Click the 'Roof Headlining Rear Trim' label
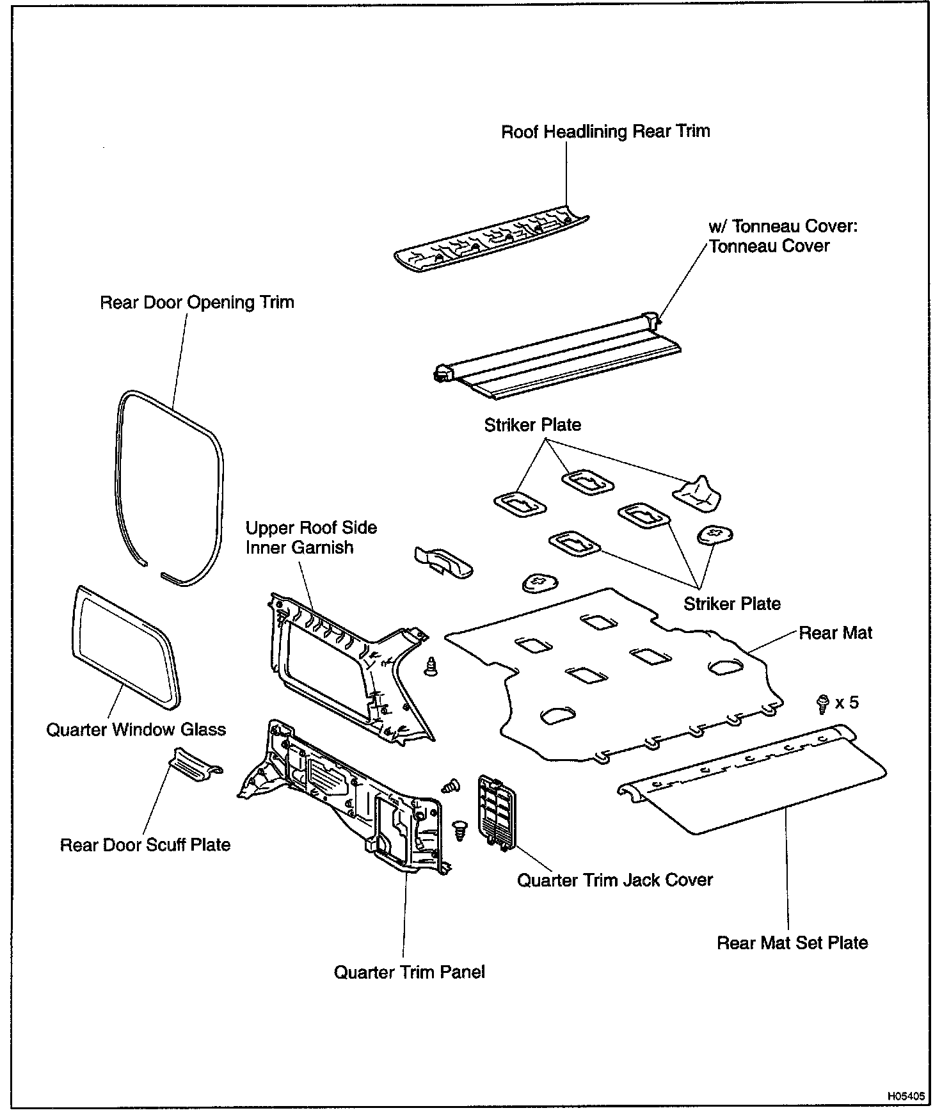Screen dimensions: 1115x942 tap(605, 132)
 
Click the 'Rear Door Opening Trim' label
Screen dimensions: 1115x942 tap(197, 302)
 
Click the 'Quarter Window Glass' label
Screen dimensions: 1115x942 tap(136, 730)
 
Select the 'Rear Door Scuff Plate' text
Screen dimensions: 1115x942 tap(145, 845)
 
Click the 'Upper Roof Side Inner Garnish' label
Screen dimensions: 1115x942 tap(311, 538)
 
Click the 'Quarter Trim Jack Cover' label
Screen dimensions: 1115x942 tap(614, 880)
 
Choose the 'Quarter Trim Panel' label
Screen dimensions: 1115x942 tap(410, 972)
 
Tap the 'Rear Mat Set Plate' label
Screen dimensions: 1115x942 tap(792, 943)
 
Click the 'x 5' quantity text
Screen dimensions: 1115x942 tap(847, 703)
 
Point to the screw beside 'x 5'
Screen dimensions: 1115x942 tap(823, 704)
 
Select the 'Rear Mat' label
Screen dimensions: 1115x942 tap(836, 633)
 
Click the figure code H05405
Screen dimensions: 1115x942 tap(906, 1096)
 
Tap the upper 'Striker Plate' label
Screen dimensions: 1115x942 tap(532, 425)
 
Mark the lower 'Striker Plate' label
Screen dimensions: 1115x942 tap(732, 604)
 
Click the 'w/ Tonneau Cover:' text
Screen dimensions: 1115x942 tap(783, 227)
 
